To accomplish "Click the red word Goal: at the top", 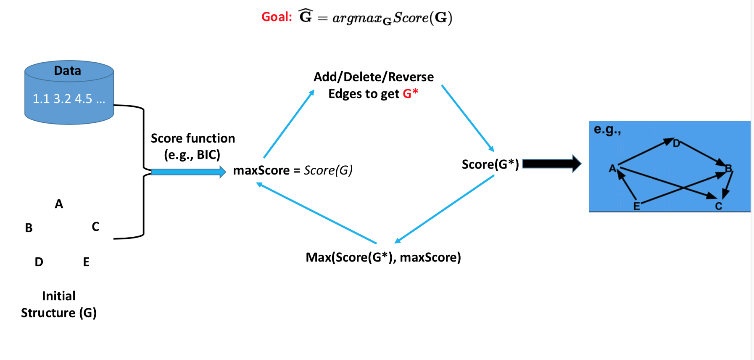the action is click(x=277, y=17).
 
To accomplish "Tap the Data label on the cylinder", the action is click(x=67, y=71).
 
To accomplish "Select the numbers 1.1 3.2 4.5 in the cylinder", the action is click(x=62, y=99).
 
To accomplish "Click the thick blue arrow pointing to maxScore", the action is click(x=188, y=172).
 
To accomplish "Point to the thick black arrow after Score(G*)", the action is click(x=552, y=164).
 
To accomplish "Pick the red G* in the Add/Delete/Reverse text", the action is click(x=410, y=93).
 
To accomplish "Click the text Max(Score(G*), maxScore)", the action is click(x=383, y=257).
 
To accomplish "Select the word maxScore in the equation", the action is click(x=261, y=170).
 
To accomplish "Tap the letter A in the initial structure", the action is click(x=59, y=204).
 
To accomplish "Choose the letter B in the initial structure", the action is click(x=29, y=228).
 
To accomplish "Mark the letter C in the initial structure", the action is click(x=95, y=227).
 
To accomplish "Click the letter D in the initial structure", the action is click(x=39, y=262).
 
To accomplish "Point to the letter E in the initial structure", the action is click(x=86, y=262).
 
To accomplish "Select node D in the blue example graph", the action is click(x=676, y=143).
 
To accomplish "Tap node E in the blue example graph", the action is click(x=637, y=206).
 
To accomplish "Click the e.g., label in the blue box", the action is click(x=607, y=130).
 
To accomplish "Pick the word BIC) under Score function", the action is click(x=208, y=155).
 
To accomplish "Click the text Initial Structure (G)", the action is click(x=59, y=304).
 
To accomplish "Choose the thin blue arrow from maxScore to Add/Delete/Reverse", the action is click(x=289, y=123).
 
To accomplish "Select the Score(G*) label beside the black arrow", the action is click(x=490, y=164).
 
